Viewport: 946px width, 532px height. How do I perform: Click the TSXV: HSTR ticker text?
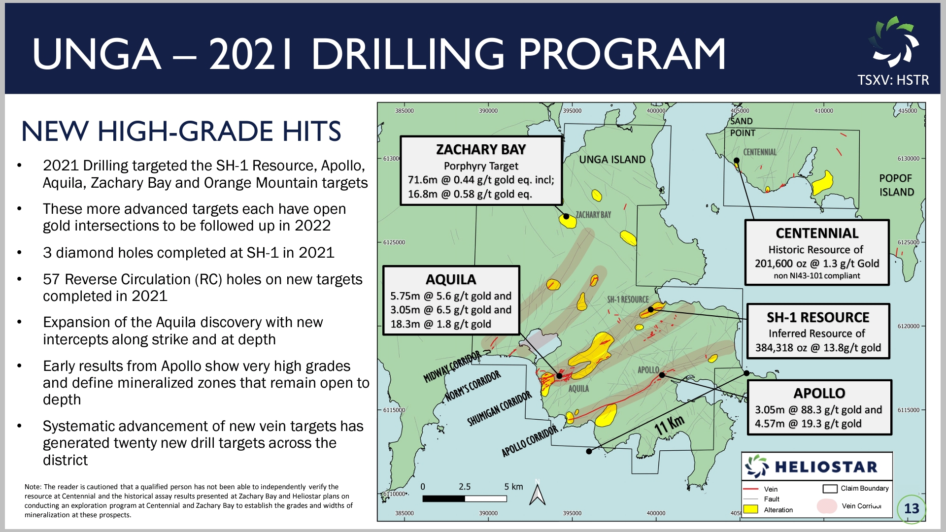click(893, 80)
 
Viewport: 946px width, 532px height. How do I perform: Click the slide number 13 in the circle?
click(912, 508)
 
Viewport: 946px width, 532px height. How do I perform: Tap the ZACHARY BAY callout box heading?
click(481, 149)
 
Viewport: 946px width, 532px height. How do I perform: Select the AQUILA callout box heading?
click(451, 279)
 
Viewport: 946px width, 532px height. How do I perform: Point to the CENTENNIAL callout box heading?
click(817, 233)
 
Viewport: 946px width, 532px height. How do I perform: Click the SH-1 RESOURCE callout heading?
click(818, 317)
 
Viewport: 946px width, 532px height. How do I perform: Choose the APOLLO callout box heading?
click(819, 393)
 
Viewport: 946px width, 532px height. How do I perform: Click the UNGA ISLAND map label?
click(612, 160)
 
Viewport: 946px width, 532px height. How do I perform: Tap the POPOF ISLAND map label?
click(896, 185)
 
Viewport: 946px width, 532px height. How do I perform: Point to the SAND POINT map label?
click(742, 127)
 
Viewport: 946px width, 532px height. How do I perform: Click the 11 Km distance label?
click(670, 425)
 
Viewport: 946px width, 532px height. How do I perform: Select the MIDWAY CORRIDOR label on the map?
click(452, 367)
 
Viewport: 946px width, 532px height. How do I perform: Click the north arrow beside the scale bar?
click(537, 494)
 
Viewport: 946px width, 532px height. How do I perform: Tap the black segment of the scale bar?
click(443, 499)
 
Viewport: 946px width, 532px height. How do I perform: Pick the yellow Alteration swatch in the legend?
click(750, 509)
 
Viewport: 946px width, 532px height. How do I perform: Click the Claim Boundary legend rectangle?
click(830, 489)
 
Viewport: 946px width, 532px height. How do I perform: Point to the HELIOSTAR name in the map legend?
click(826, 466)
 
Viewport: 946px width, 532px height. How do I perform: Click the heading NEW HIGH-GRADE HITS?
click(181, 131)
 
